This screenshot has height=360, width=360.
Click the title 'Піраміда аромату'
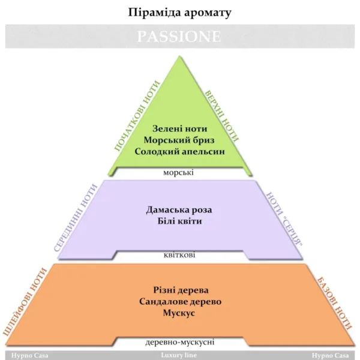179,13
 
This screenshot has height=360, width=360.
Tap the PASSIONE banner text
179,36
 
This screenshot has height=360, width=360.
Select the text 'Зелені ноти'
180,128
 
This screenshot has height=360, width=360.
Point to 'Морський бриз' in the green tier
179,140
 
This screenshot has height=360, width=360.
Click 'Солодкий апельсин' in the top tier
180,152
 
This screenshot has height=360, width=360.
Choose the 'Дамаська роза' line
179,210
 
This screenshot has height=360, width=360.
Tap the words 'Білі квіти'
180,221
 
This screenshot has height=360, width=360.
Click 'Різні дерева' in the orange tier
181,290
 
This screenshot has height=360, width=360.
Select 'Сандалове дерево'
180,301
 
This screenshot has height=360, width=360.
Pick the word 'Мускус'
179,313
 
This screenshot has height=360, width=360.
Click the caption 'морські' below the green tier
178,172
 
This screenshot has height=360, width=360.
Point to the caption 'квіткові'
179,255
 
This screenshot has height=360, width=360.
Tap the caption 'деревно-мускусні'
180,342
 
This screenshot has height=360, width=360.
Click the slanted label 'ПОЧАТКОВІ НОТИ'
137,116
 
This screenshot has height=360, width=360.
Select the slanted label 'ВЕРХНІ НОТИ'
222,116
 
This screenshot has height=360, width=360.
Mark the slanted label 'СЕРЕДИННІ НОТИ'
76,218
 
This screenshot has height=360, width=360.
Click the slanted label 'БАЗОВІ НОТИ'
335,304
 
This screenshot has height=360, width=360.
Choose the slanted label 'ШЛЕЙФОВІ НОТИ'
25,302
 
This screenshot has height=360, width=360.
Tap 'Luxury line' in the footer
179,355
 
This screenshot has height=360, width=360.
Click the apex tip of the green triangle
179,56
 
